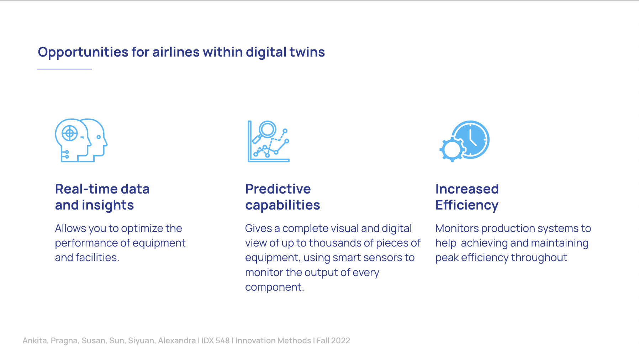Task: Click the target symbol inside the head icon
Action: (70, 134)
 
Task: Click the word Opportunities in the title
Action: (83, 52)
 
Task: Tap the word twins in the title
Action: (307, 52)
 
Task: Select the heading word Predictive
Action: (278, 189)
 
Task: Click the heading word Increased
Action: (467, 189)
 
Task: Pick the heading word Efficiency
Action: (467, 205)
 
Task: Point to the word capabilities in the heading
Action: (282, 205)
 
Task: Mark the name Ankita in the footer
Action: (35, 340)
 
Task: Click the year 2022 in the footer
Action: (340, 340)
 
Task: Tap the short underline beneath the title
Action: (64, 69)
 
